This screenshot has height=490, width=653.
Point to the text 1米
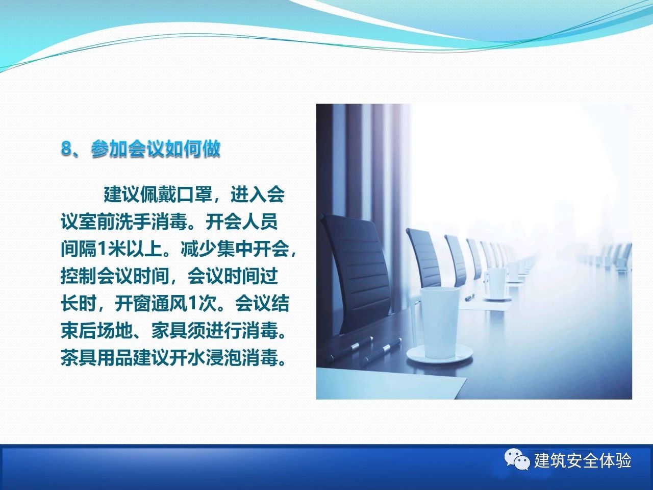[108, 249]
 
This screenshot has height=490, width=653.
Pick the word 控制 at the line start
[79, 276]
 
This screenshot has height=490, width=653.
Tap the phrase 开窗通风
[151, 304]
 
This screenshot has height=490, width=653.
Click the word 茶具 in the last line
[79, 358]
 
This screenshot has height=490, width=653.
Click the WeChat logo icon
[517, 461]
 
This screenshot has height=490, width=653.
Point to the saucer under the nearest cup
[439, 354]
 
